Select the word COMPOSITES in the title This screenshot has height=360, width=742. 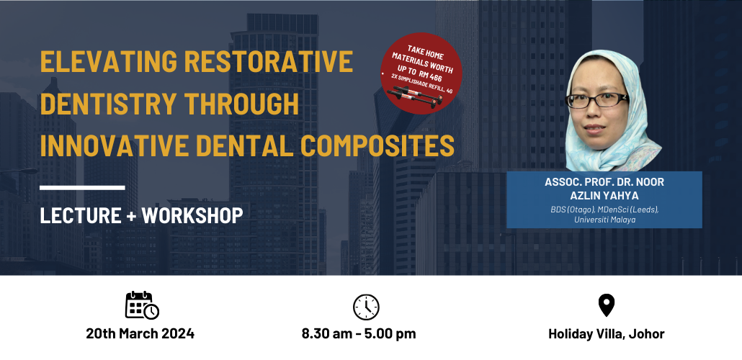377,145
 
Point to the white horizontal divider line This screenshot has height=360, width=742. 82,188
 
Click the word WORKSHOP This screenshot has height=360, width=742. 192,215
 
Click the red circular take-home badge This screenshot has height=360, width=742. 421,73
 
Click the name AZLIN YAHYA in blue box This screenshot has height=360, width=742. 604,195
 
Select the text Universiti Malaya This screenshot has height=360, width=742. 605,220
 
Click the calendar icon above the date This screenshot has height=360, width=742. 142,305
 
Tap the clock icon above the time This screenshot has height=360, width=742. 366,307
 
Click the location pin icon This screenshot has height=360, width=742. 606,305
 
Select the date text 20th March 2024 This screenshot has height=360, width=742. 140,333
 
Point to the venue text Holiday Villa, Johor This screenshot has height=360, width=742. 606,334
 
